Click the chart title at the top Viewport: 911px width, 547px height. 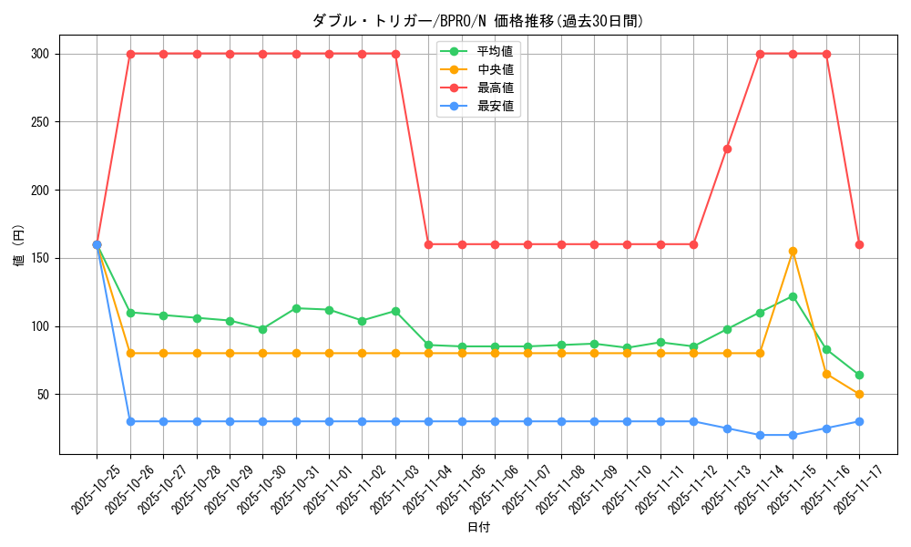click(478, 21)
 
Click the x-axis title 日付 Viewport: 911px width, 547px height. click(478, 528)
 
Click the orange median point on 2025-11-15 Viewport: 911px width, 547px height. click(793, 252)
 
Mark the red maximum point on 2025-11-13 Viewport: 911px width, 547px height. click(727, 149)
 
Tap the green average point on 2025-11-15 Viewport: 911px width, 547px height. click(793, 296)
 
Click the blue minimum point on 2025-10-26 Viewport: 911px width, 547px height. click(130, 421)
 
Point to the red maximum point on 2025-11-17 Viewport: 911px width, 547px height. click(859, 244)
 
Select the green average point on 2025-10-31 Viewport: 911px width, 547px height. click(296, 308)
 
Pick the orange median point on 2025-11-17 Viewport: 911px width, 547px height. click(859, 395)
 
